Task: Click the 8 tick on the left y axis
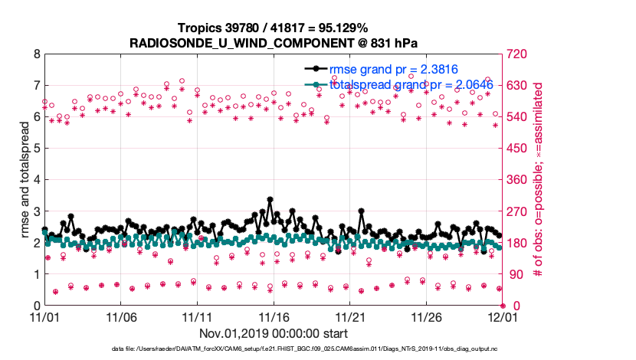36,54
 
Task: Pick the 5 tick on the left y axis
36,149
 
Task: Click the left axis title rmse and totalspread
18,180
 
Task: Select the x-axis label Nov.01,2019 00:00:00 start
274,333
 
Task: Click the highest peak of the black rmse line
270,199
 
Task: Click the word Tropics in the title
200,28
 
